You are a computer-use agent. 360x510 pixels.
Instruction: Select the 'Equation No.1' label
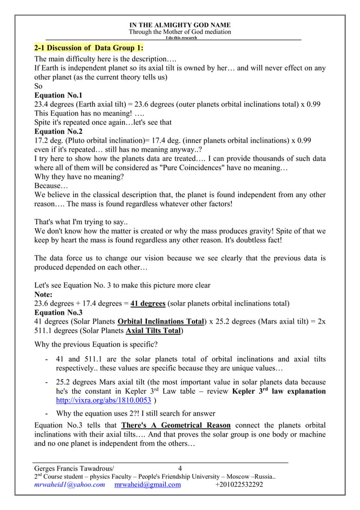pyautogui.click(x=58, y=95)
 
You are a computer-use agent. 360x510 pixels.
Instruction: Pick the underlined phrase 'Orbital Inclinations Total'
pyautogui.click(x=160, y=321)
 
